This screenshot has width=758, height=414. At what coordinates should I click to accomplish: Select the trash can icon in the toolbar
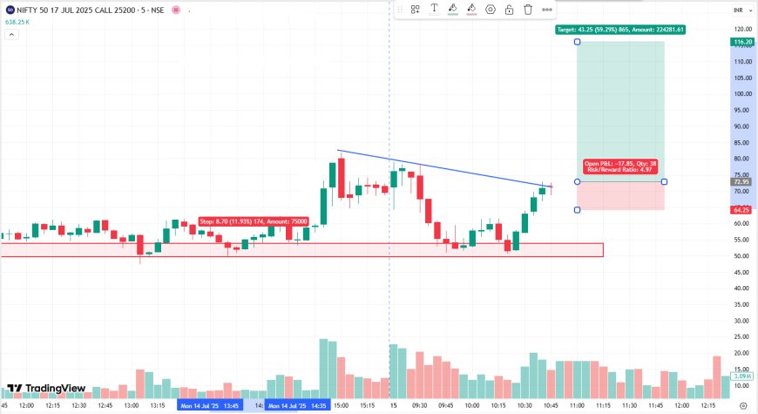pyautogui.click(x=528, y=10)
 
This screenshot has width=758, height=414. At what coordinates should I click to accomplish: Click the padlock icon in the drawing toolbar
pyautogui.click(x=509, y=10)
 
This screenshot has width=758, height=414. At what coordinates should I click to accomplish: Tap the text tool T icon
pyautogui.click(x=434, y=10)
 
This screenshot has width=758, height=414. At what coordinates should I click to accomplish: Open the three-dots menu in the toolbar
pyautogui.click(x=547, y=10)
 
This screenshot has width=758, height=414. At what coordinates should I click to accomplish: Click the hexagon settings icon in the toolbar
pyautogui.click(x=491, y=10)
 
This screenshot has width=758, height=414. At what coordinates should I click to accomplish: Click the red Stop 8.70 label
pyautogui.click(x=240, y=222)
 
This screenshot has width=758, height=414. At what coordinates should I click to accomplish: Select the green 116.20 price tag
pyautogui.click(x=743, y=42)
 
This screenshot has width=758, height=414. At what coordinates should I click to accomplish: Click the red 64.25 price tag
pyautogui.click(x=743, y=210)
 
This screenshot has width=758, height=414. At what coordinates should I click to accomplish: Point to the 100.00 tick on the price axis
pyautogui.click(x=742, y=94)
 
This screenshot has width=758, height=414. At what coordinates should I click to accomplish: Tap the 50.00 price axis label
pyautogui.click(x=742, y=256)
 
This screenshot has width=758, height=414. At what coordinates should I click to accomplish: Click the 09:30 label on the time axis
pyautogui.click(x=419, y=405)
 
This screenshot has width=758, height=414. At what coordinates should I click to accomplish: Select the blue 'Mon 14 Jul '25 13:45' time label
pyautogui.click(x=210, y=405)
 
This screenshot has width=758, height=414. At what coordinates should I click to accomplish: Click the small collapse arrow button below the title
pyautogui.click(x=13, y=35)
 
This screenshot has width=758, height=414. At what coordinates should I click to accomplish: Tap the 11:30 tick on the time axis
pyautogui.click(x=628, y=405)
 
